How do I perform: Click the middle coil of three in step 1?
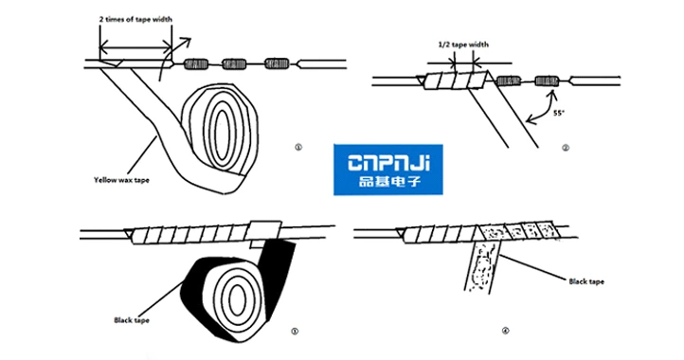pos(234,64)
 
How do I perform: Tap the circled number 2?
pos(565,147)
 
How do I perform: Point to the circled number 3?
pos(296,331)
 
